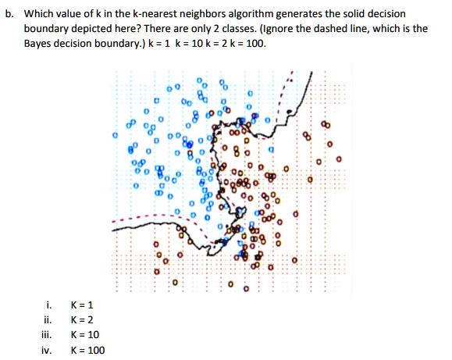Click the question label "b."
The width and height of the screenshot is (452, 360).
[9, 14]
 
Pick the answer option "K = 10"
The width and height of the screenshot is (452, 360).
[84, 335]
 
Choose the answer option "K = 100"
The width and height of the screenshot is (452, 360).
[87, 351]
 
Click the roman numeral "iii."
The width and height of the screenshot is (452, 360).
[49, 335]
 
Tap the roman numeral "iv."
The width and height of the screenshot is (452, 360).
[48, 351]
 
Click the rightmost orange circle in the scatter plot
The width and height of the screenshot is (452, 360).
[338, 159]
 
